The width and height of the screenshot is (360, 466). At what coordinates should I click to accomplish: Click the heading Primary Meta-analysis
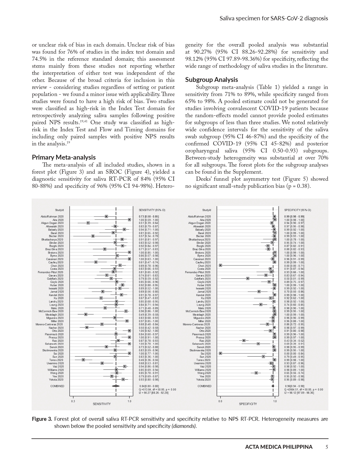[x=64, y=157]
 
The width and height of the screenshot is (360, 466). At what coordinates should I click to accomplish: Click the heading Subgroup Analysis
[x=211, y=80]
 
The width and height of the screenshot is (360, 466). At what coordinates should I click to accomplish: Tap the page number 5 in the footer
[x=326, y=447]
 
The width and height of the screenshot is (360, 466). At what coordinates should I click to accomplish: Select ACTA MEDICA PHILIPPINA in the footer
[x=279, y=447]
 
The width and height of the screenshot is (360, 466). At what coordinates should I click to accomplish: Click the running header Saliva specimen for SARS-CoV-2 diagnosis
[x=274, y=18]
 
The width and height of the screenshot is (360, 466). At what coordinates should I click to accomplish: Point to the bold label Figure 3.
[x=42, y=419]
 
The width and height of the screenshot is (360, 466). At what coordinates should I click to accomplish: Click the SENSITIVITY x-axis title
[x=102, y=404]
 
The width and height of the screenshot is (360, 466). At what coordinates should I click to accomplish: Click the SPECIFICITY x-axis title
[x=248, y=404]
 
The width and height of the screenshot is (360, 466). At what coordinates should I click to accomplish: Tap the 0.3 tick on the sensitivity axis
[x=73, y=401]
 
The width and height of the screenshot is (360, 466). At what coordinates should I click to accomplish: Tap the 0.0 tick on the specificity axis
[x=220, y=401]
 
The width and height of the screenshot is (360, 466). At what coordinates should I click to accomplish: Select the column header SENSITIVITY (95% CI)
[x=152, y=210]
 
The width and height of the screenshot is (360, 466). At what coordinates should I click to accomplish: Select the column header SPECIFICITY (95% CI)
[x=297, y=210]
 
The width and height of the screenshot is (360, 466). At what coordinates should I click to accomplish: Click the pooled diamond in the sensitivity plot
[x=116, y=386]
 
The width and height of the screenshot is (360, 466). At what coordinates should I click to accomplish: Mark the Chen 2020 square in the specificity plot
[x=221, y=265]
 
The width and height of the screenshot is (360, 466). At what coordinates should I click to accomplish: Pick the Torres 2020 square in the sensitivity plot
[x=83, y=360]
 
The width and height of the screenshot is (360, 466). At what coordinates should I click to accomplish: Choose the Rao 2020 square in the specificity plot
[x=244, y=341]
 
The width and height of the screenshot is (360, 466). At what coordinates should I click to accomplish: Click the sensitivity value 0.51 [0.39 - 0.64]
[x=149, y=223]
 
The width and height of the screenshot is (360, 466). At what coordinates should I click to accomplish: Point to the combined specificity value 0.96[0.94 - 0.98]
[x=294, y=386]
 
